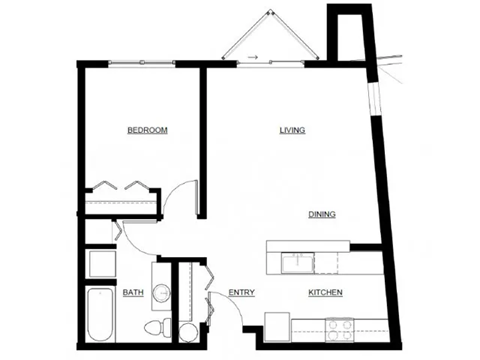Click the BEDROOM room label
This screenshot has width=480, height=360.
(146, 131)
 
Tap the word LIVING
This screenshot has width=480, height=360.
(292, 131)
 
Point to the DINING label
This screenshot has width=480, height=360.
(321, 214)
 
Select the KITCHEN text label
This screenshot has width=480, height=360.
(326, 292)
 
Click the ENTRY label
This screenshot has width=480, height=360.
(241, 292)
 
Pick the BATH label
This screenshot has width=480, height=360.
(133, 293)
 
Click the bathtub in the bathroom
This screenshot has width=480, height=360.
(100, 315)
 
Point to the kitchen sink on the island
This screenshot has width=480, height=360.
(296, 262)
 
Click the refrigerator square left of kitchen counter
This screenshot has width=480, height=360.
(277, 325)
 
